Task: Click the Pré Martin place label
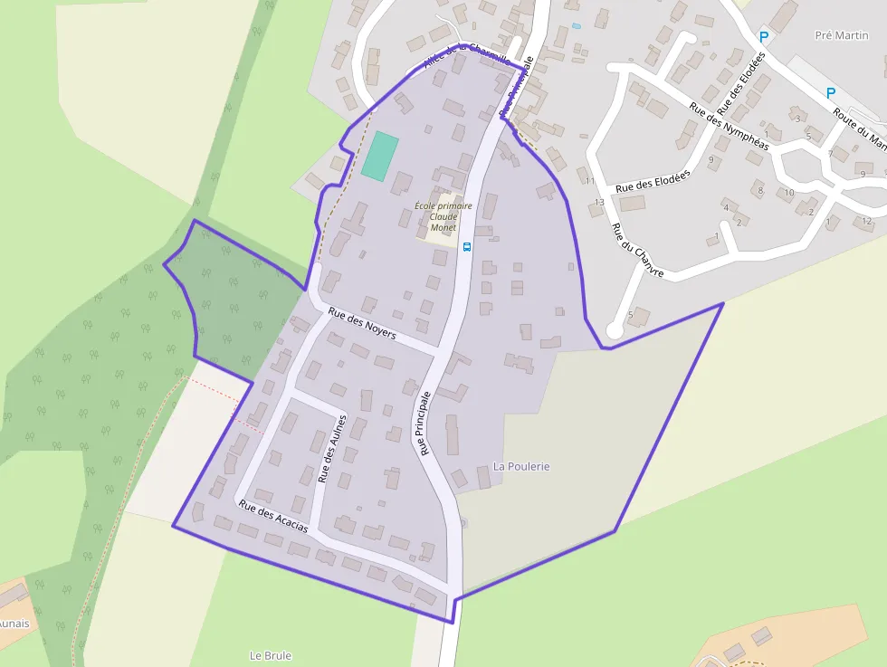(841, 35)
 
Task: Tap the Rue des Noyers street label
(362, 322)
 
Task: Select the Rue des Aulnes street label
(332, 448)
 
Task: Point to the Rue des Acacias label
(272, 516)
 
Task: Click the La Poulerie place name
(521, 466)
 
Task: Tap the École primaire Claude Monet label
(443, 216)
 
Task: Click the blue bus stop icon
(467, 246)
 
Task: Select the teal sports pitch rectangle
(380, 155)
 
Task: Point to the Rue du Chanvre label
(637, 250)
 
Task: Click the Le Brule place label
(271, 655)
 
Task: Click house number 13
(598, 202)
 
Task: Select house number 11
(590, 181)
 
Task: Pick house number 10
(789, 192)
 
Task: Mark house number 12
(867, 221)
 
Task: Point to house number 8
(759, 190)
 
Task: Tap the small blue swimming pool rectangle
(577, 25)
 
